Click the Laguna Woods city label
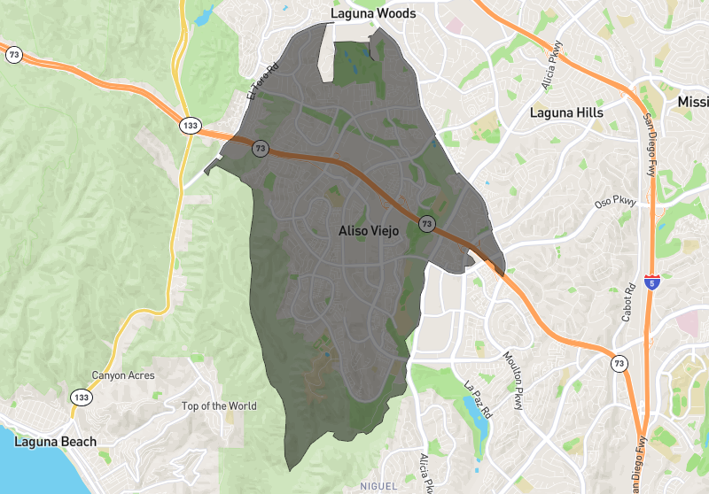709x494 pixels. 372,13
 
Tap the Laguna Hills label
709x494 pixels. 565,112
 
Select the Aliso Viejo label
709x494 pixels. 369,230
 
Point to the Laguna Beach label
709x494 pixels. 55,441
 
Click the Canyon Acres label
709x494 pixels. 122,375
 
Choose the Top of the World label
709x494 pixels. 219,406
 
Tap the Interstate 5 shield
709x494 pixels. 652,283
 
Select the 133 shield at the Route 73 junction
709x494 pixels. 189,126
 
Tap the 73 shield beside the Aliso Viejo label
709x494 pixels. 426,224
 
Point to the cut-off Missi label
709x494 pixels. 692,102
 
